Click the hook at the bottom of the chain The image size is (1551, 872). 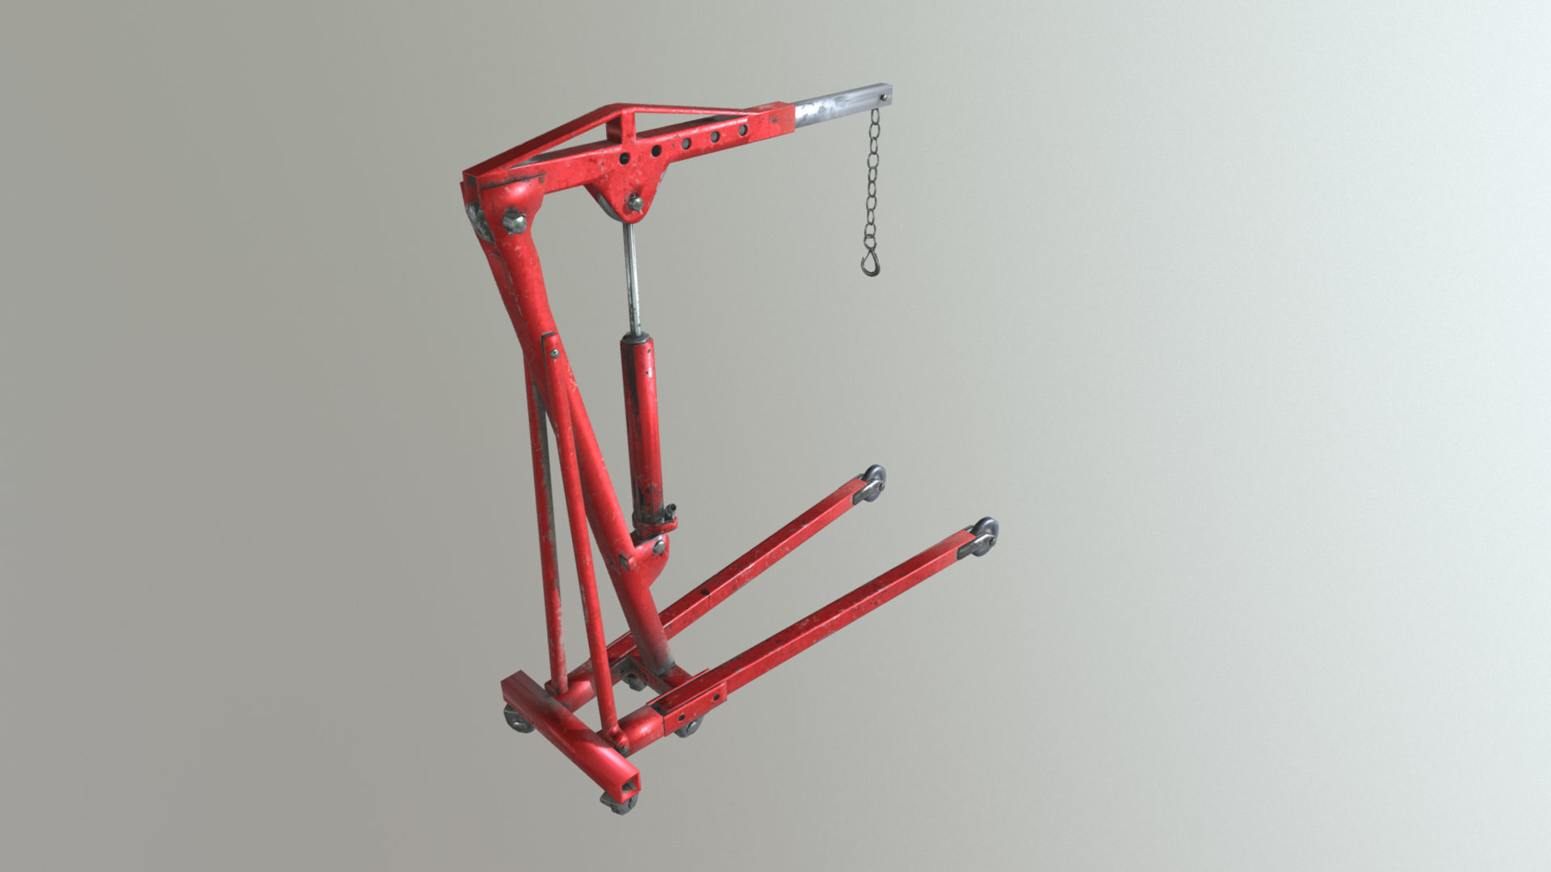click(870, 263)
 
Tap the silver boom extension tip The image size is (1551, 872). click(840, 106)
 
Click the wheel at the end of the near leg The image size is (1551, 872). click(985, 535)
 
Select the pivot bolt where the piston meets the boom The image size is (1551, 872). click(635, 203)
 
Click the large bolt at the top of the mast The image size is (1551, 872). click(513, 220)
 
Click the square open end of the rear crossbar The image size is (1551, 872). click(626, 782)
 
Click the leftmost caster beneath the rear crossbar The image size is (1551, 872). click(517, 719)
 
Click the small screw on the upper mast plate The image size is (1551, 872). click(554, 352)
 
